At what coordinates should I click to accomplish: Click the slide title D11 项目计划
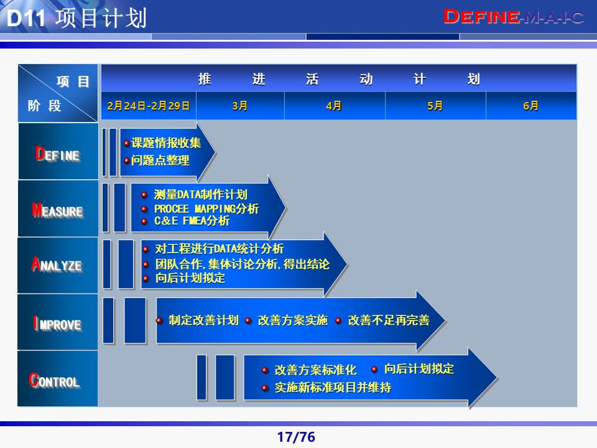(x=76, y=18)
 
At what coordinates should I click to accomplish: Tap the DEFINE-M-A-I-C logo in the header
(x=514, y=17)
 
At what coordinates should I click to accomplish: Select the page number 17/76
(x=296, y=437)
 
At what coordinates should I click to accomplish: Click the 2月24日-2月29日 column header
(x=148, y=106)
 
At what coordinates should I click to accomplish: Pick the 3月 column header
(x=240, y=106)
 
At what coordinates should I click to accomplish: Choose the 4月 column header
(x=334, y=106)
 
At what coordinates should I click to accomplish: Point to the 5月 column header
(x=435, y=106)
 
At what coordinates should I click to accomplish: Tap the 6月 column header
(x=531, y=106)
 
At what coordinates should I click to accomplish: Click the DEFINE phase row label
(x=58, y=154)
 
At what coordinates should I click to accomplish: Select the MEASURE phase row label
(x=58, y=210)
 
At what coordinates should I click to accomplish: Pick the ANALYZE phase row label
(x=57, y=265)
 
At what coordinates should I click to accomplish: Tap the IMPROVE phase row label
(x=58, y=324)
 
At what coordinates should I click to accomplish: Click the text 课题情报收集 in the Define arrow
(x=166, y=143)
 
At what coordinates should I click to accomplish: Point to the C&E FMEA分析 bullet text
(x=192, y=221)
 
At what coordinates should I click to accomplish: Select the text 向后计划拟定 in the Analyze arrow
(x=190, y=278)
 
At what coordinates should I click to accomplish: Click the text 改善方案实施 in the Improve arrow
(x=292, y=320)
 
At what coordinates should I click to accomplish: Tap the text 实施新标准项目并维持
(x=333, y=388)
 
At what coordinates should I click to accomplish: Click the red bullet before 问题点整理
(x=126, y=161)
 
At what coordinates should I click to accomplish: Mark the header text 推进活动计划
(x=339, y=79)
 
